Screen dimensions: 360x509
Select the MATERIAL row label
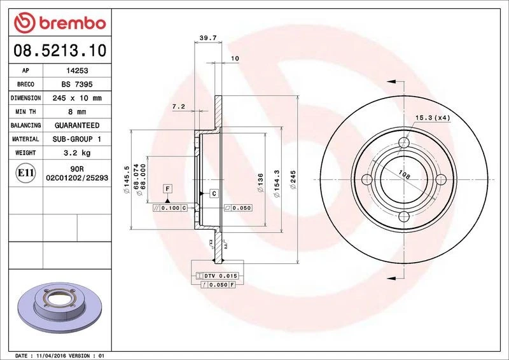tap(25, 139)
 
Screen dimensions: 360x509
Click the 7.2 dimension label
tap(178, 107)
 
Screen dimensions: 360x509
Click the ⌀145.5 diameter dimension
tap(127, 179)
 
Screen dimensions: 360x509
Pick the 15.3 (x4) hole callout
tap(433, 118)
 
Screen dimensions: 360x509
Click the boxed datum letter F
tap(168, 189)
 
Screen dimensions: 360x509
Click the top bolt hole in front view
tap(401, 142)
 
